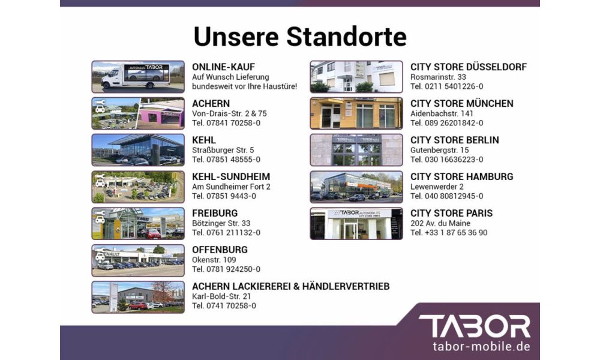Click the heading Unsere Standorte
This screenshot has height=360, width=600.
click(x=300, y=37)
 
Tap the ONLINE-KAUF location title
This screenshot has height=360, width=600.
click(x=223, y=67)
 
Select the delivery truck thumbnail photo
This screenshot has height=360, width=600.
click(x=138, y=77)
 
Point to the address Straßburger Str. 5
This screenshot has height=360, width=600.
click(x=223, y=150)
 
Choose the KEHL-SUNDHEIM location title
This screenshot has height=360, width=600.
click(x=231, y=177)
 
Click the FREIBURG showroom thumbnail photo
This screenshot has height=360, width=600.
click(x=138, y=223)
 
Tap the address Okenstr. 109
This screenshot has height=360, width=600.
click(x=214, y=260)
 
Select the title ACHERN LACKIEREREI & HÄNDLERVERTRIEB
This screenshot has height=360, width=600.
click(x=291, y=287)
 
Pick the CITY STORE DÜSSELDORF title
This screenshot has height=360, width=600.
click(x=469, y=67)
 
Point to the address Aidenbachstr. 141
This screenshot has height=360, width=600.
click(x=442, y=113)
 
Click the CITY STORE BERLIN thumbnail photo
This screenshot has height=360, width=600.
click(x=356, y=150)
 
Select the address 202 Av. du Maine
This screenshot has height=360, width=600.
click(x=440, y=223)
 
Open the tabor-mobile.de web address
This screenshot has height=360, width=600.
click(x=481, y=347)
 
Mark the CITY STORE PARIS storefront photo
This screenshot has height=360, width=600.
click(x=356, y=223)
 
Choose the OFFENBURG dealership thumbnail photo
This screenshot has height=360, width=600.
click(x=138, y=260)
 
